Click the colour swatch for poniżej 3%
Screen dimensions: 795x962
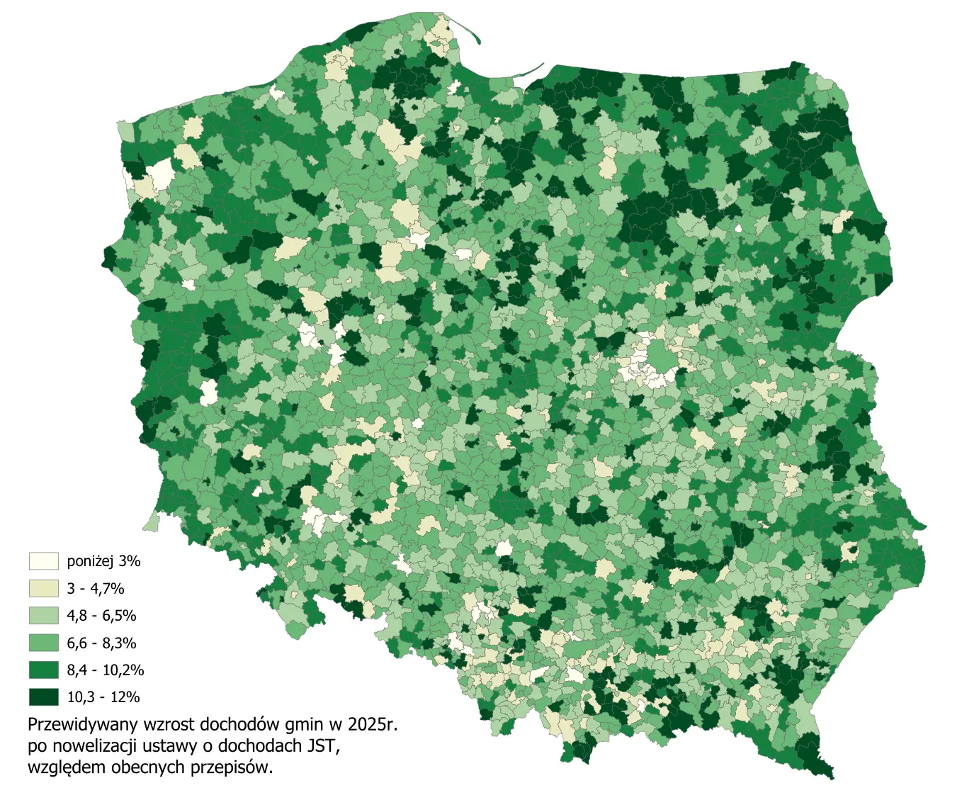[x=43, y=561]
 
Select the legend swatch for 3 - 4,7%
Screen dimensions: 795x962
[x=43, y=588]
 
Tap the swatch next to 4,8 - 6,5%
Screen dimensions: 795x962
[x=43, y=615]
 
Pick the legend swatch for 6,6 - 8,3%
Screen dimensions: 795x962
[x=43, y=643]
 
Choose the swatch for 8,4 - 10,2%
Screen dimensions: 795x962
[x=43, y=670]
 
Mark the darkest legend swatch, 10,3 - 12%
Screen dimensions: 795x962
[x=43, y=697]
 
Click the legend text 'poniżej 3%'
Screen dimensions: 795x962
[x=103, y=561]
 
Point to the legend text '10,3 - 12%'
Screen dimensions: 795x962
[x=103, y=697]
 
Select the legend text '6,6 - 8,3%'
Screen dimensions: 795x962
[x=101, y=643]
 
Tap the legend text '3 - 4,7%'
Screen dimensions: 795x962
[x=96, y=588]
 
